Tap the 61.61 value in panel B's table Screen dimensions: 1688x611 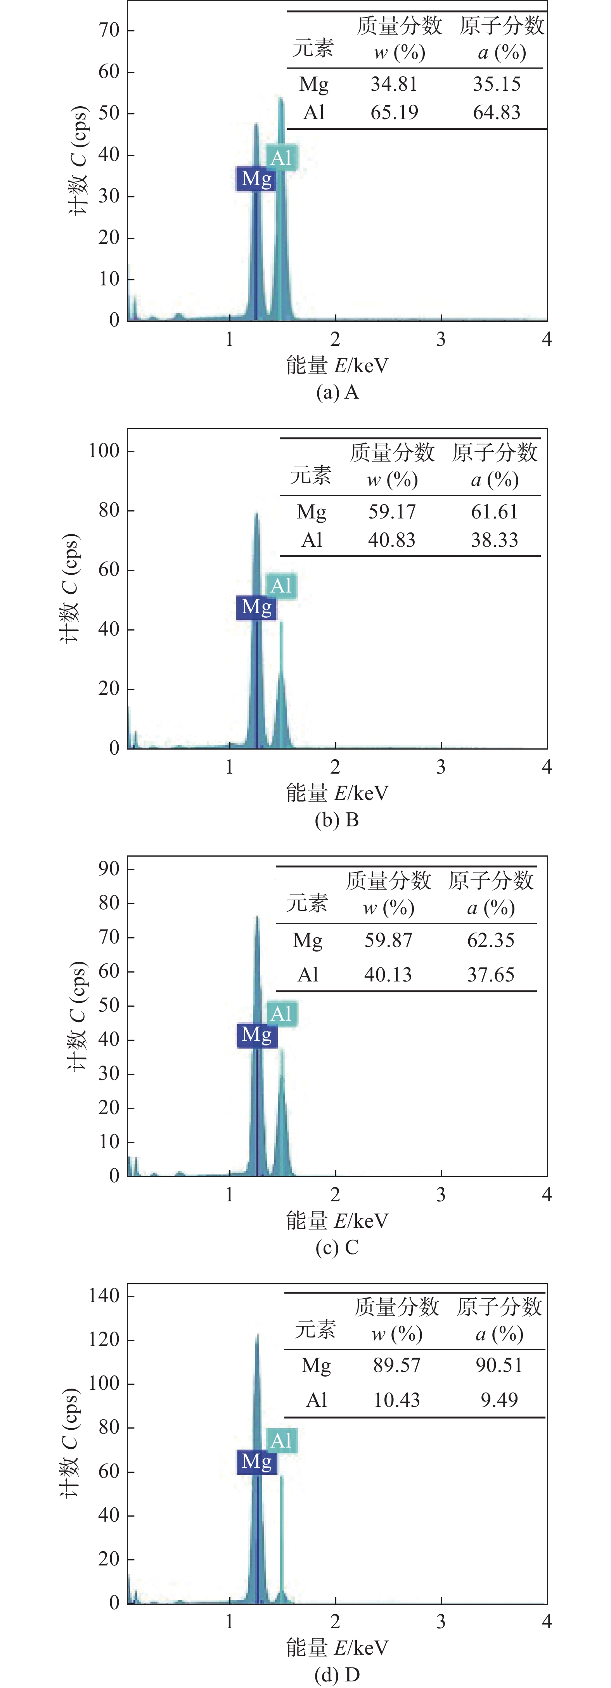494,512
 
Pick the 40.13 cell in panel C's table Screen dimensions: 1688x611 388,975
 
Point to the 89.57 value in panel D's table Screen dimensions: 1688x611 396,1366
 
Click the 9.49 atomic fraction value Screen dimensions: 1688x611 499,1400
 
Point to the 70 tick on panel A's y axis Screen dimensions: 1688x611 109,30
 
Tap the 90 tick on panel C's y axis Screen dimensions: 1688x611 109,869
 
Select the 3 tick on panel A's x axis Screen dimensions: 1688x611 441,339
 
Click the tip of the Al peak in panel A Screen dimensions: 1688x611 280,99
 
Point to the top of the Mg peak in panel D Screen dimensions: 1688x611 257,1334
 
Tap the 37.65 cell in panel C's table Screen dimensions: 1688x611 490,975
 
